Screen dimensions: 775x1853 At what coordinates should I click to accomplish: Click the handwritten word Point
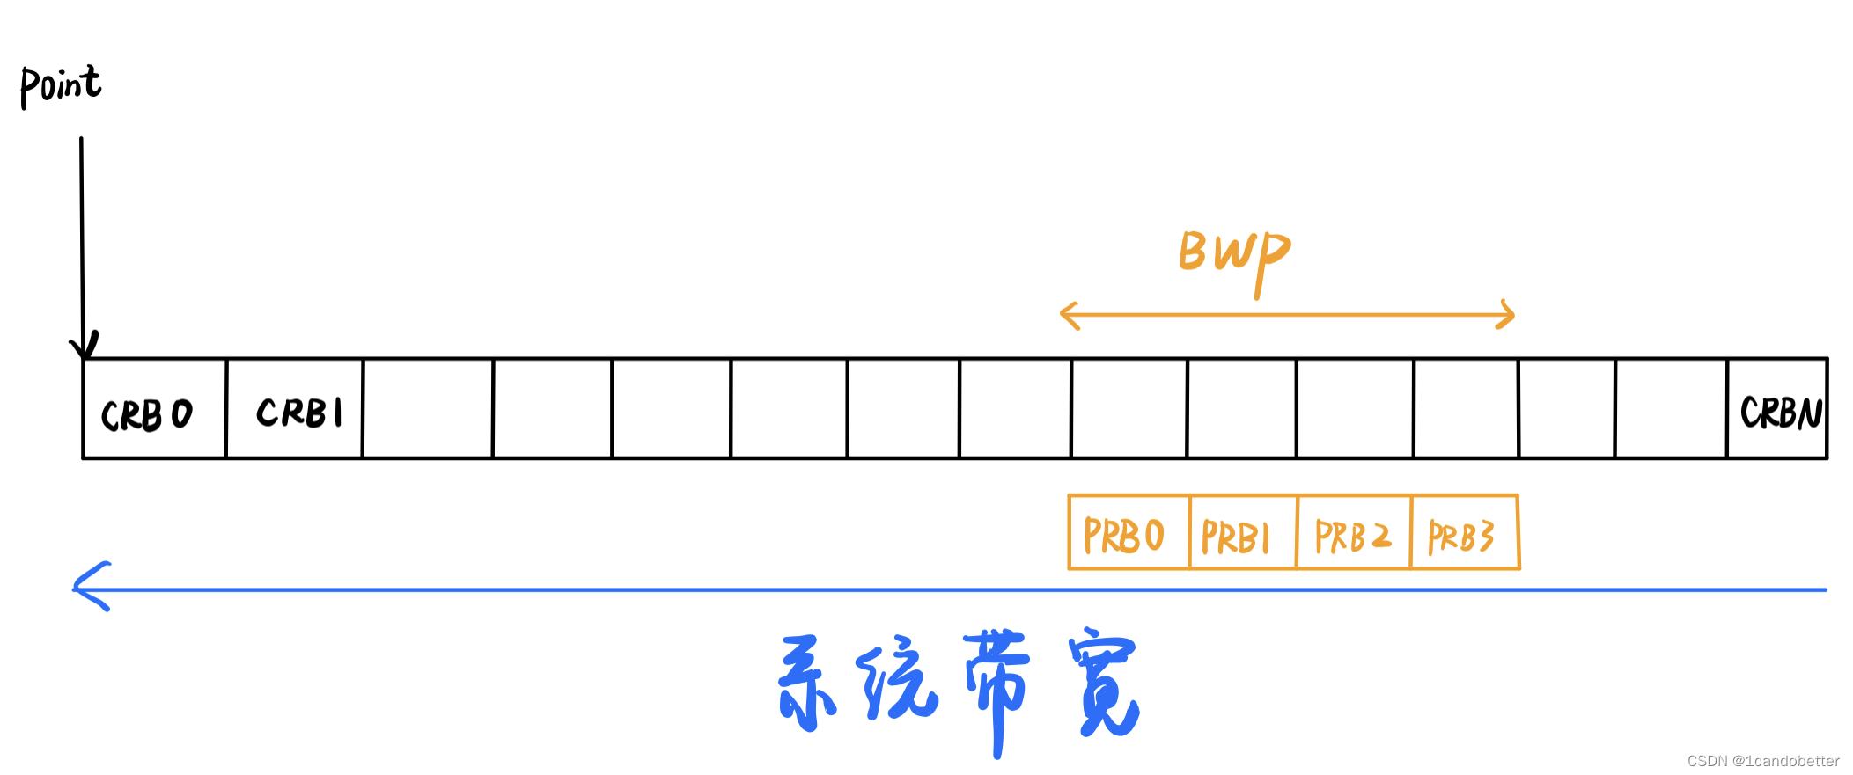pos(60,86)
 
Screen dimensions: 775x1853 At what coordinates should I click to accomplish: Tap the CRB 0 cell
pos(153,410)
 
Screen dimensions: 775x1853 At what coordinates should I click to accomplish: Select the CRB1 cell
pos(294,410)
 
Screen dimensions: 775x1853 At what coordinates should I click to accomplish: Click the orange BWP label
pos(1234,255)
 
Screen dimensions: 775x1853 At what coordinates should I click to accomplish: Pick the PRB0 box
pos(1127,533)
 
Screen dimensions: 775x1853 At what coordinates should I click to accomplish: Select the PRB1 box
pos(1241,533)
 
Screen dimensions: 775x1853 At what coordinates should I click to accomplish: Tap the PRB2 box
pos(1353,533)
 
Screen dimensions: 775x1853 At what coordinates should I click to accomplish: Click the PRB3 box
pos(1464,533)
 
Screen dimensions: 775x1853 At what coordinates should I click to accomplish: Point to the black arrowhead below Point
pos(84,346)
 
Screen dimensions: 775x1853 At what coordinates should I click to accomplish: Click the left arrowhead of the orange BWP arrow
pos(1070,315)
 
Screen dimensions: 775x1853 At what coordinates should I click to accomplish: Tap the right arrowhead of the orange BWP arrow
pos(1506,315)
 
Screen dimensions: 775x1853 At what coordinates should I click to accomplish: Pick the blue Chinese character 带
pos(997,686)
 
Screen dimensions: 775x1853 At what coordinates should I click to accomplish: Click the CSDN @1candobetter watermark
pos(1763,761)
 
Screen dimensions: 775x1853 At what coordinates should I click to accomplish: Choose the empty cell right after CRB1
pos(428,408)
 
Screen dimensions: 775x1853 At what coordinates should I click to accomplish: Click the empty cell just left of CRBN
pos(1671,408)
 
